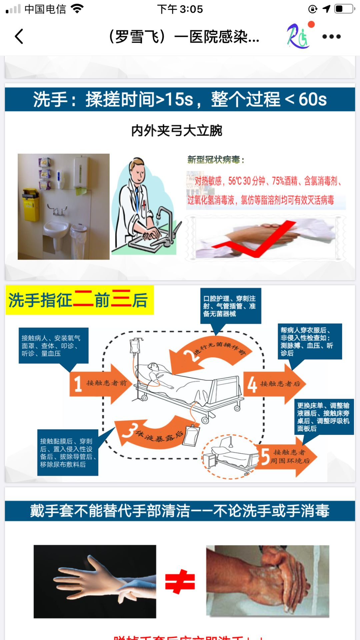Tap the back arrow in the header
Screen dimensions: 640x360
click(x=19, y=36)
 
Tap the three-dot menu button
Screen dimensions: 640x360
click(x=331, y=36)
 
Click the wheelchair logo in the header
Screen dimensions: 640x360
click(x=298, y=36)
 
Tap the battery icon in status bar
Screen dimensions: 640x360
click(x=344, y=9)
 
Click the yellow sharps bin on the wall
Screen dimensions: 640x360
click(x=31, y=204)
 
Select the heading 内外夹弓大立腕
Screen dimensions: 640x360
click(x=176, y=131)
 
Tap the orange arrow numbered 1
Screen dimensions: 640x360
click(x=100, y=383)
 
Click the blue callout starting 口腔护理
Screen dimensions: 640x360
click(x=230, y=306)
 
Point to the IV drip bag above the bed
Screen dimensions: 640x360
click(x=135, y=347)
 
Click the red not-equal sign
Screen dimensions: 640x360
click(x=180, y=582)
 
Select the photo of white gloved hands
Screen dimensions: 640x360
click(x=95, y=581)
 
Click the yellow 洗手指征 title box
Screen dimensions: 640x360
click(x=79, y=300)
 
